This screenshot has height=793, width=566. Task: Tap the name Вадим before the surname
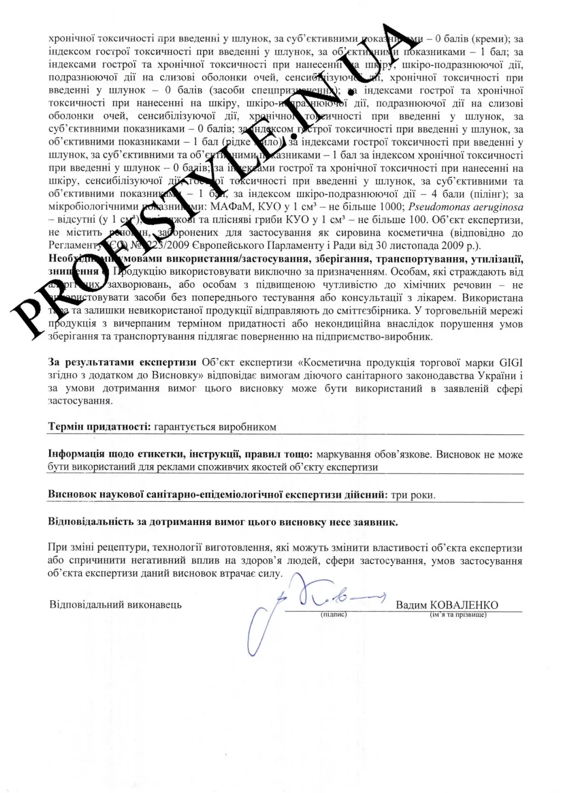click(412, 605)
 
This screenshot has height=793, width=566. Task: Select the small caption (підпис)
click(333, 615)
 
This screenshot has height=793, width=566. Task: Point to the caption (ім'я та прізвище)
click(458, 615)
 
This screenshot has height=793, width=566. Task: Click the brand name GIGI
click(510, 363)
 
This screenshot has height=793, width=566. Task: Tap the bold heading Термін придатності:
click(100, 427)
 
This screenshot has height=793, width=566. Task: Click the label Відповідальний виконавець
click(115, 604)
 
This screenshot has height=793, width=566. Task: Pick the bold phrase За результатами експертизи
click(122, 363)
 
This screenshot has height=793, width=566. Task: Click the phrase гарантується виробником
click(215, 427)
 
